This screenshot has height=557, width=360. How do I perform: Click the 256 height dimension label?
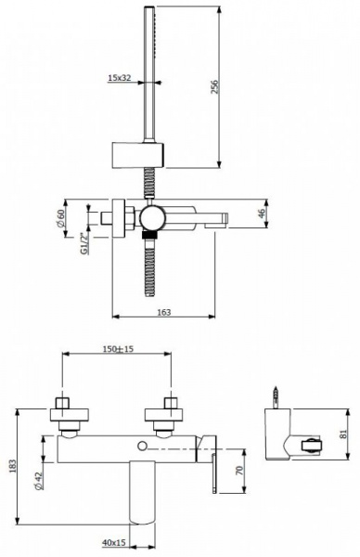coord(215,86)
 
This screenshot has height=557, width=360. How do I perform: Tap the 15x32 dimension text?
coord(120,77)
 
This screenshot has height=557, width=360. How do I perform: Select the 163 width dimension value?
coord(163,312)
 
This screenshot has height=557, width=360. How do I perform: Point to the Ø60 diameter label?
coord(60,218)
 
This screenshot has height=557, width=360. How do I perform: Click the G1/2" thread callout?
coord(84,243)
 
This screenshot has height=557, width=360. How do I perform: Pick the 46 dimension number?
coord(262,214)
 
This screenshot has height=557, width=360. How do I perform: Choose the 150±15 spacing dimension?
coord(118,349)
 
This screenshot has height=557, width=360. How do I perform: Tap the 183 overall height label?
coord(13,466)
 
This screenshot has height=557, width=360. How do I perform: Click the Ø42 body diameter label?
coord(39,481)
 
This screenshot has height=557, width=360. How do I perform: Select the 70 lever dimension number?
coord(239,471)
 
